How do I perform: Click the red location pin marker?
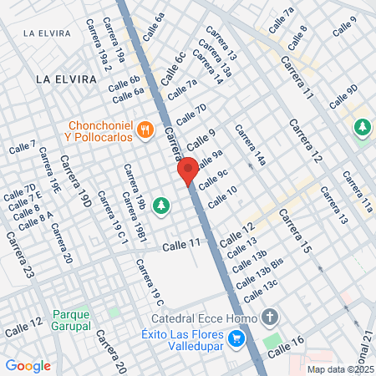click(188, 170)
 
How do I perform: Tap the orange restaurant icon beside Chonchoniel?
click(146, 129)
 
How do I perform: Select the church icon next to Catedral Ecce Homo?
click(269, 317)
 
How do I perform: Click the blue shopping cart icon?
click(237, 338)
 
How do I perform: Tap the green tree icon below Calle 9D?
click(362, 127)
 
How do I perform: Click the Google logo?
click(28, 365)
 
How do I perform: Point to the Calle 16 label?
click(287, 343)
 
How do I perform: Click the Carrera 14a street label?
click(249, 145)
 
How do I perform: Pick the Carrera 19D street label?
click(81, 186)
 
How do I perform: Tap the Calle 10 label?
click(222, 196)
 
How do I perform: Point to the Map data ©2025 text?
click(340, 368)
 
